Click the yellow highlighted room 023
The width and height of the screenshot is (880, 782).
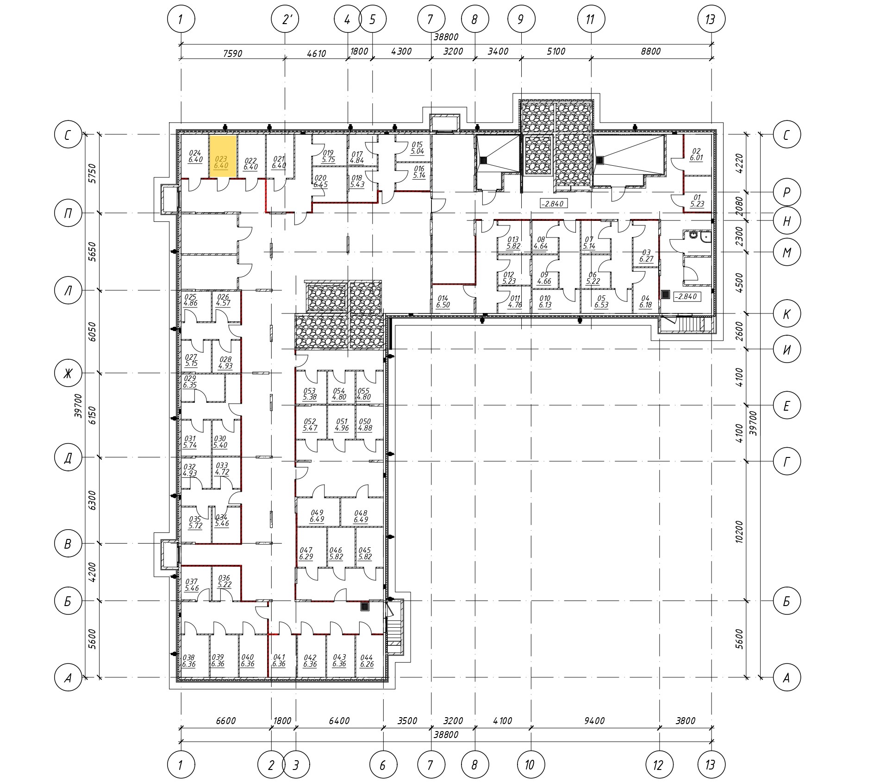(223, 156)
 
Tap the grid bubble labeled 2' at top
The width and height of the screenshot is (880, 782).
(285, 19)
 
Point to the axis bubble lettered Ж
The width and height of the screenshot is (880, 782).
(68, 373)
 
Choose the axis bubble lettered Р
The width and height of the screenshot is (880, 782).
(786, 192)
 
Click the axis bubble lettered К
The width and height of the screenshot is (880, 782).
(786, 314)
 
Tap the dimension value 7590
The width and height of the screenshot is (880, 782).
(232, 53)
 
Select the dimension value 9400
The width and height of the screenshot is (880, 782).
(594, 721)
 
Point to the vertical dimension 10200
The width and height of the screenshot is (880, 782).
(739, 532)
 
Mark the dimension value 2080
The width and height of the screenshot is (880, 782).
(739, 206)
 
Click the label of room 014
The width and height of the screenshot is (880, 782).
(443, 302)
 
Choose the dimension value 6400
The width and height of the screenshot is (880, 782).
(339, 721)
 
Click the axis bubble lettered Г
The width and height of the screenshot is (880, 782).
(786, 461)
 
